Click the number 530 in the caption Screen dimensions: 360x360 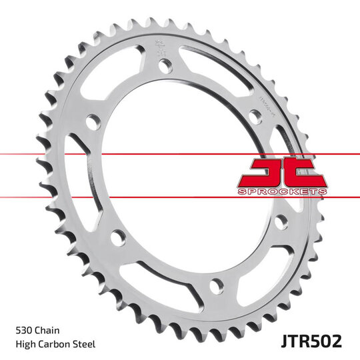pos(25,330)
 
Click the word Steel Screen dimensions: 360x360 pos(85,344)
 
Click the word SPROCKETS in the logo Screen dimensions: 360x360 pos(282,191)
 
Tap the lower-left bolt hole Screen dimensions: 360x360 pos(118,237)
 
